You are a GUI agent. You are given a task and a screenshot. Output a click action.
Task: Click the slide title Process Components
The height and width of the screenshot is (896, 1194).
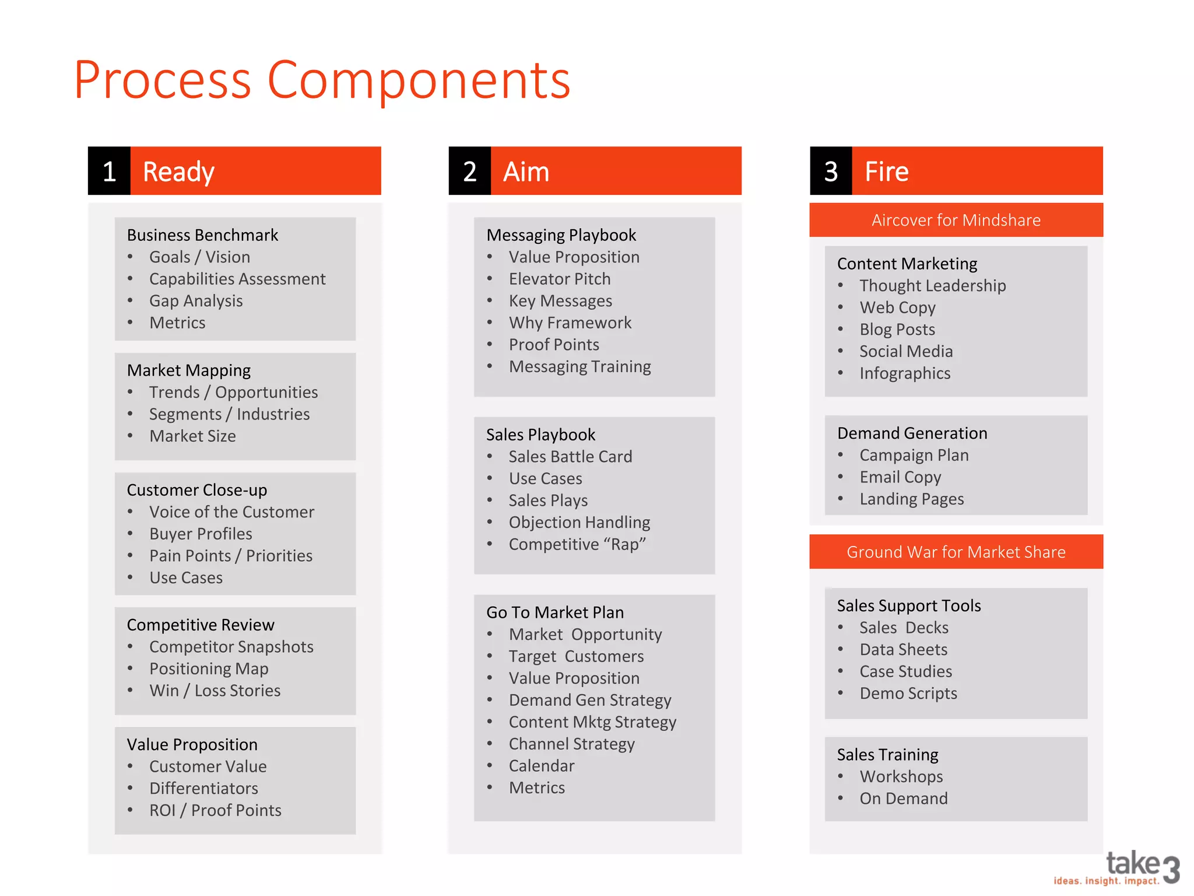(x=322, y=80)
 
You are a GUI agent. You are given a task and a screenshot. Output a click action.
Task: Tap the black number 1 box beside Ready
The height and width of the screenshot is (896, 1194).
(x=109, y=171)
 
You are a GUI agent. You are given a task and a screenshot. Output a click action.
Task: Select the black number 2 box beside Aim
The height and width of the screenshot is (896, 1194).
(x=470, y=171)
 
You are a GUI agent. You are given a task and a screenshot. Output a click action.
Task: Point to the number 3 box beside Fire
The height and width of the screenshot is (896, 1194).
(x=831, y=171)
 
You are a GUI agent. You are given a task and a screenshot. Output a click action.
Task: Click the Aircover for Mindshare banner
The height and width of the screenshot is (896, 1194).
(x=956, y=220)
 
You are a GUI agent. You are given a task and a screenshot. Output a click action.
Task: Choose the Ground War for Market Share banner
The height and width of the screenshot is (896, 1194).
(x=956, y=552)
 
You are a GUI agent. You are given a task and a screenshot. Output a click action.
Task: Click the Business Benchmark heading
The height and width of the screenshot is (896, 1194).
(x=202, y=235)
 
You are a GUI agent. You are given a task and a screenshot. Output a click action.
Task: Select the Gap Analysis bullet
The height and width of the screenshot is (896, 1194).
(x=196, y=301)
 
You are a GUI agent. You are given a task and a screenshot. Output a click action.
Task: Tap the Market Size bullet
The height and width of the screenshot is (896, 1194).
(x=192, y=436)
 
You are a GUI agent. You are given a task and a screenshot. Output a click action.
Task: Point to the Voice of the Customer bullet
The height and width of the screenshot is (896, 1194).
(x=231, y=512)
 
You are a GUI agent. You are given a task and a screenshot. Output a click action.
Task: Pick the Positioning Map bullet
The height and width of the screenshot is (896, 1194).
(x=209, y=668)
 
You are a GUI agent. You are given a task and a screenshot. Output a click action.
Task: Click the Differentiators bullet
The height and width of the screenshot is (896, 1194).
(x=203, y=789)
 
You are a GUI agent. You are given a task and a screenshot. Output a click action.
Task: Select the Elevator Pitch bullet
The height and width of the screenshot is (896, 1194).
(x=560, y=279)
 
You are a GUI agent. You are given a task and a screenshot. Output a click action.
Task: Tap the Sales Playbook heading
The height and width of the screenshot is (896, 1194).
(x=540, y=435)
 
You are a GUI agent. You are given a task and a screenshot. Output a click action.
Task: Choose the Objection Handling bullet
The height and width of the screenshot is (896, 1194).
(x=580, y=523)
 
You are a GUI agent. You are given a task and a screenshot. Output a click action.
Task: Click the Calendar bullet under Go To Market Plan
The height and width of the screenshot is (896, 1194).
(x=542, y=766)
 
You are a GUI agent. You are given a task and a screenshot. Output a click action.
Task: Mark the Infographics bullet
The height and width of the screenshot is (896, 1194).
(x=905, y=373)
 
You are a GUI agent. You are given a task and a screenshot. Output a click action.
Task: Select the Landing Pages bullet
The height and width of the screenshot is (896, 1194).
(x=912, y=499)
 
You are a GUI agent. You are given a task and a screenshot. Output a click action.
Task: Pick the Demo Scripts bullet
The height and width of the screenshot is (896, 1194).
(x=908, y=694)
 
